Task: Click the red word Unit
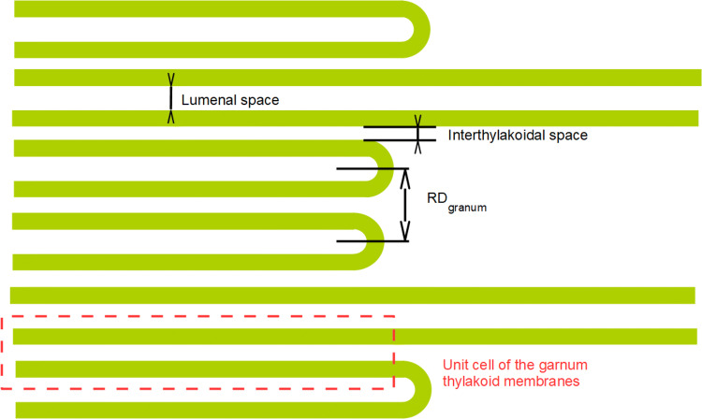click(456, 365)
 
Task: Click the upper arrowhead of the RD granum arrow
click(405, 175)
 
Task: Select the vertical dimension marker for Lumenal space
click(170, 98)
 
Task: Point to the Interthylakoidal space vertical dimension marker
click(418, 134)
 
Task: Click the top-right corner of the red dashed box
click(394, 318)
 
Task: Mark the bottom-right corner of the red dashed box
click(394, 387)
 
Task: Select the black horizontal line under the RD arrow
click(373, 241)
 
